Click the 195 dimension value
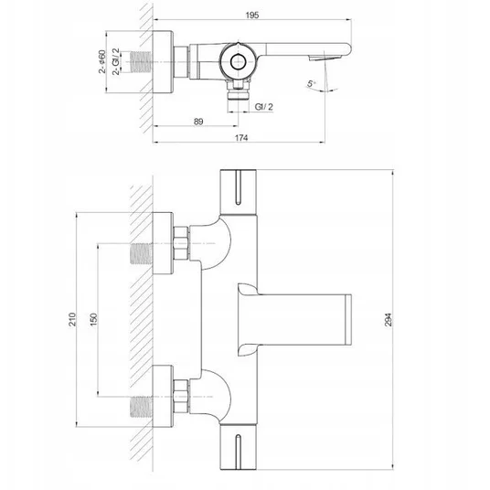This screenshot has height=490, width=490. pyautogui.click(x=252, y=15)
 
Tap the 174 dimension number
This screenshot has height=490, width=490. pyautogui.click(x=241, y=137)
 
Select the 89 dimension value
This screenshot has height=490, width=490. pyautogui.click(x=198, y=122)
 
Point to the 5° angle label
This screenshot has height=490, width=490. pyautogui.click(x=311, y=83)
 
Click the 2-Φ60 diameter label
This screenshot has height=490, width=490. pyautogui.click(x=102, y=61)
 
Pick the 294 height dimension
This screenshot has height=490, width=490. pyautogui.click(x=388, y=319)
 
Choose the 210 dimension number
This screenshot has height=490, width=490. pyautogui.click(x=72, y=319)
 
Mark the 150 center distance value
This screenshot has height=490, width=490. pyautogui.click(x=93, y=319)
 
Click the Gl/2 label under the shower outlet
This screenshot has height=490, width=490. pyautogui.click(x=264, y=107)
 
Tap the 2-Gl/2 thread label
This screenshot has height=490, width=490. pyautogui.click(x=116, y=61)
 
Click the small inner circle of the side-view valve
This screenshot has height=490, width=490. pyautogui.click(x=239, y=62)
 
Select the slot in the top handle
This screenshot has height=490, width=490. pyautogui.click(x=238, y=187)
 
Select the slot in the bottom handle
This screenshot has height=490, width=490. pyautogui.click(x=238, y=452)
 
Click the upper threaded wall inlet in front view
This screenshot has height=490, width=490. pyautogui.click(x=142, y=253)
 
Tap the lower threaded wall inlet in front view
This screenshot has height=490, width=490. pyautogui.click(x=142, y=407)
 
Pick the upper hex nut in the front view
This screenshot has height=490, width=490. pyautogui.click(x=181, y=243)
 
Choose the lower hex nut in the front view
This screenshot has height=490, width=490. pyautogui.click(x=181, y=396)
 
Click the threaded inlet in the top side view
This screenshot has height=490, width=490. pyautogui.click(x=140, y=62)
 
